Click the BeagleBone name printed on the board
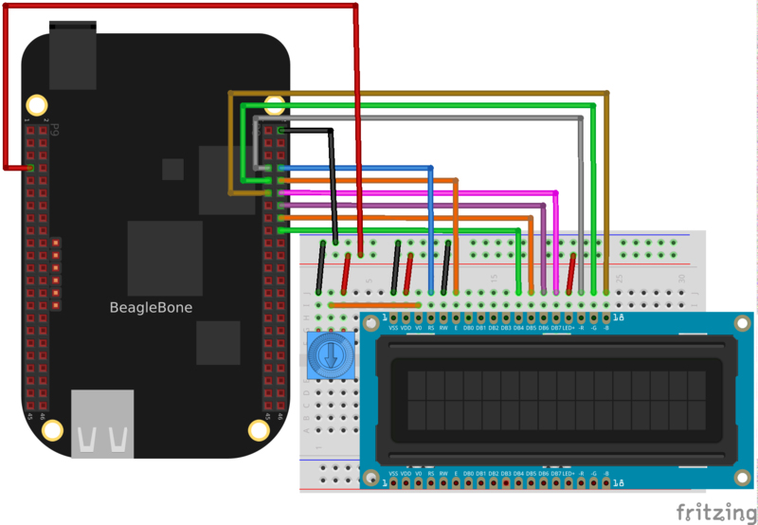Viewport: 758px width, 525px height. pos(152,308)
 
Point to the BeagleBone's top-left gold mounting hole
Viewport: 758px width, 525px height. pos(37,104)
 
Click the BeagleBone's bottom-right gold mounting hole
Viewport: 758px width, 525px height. pos(259,429)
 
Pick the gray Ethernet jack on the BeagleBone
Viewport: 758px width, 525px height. pos(102,422)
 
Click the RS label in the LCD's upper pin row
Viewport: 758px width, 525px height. pos(431,328)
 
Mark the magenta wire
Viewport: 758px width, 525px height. pos(426,192)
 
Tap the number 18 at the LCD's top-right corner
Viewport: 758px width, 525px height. pos(618,317)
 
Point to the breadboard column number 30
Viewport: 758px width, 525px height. pos(681,278)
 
